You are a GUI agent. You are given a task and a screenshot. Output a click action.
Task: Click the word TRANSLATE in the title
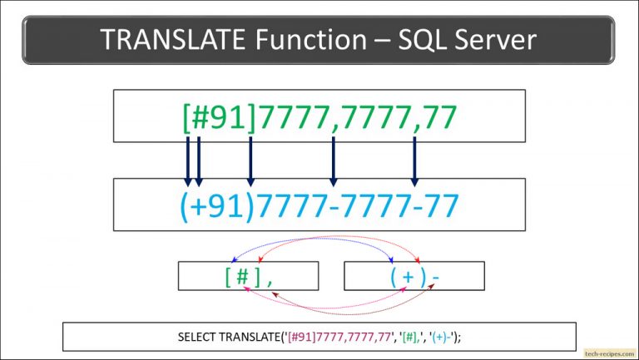(x=172, y=39)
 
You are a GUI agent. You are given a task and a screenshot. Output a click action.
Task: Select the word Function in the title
(x=311, y=39)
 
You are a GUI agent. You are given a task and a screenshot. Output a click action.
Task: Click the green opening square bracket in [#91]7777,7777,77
(x=187, y=118)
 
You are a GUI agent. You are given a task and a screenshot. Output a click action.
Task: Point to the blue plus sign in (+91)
(x=200, y=206)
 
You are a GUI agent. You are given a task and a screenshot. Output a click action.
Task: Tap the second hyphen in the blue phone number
(x=415, y=208)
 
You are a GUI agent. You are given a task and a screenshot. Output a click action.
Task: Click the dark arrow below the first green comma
(x=334, y=161)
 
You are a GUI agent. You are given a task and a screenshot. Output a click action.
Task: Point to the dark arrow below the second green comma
(x=414, y=161)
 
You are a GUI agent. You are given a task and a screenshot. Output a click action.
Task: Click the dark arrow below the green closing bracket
(x=250, y=161)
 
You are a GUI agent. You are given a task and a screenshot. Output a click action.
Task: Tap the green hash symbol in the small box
(x=242, y=277)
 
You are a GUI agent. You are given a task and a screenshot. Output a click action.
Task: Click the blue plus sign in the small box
(x=408, y=277)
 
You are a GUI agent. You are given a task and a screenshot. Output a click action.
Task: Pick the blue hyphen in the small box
(x=436, y=279)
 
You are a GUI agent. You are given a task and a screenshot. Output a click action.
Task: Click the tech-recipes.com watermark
(x=609, y=353)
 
